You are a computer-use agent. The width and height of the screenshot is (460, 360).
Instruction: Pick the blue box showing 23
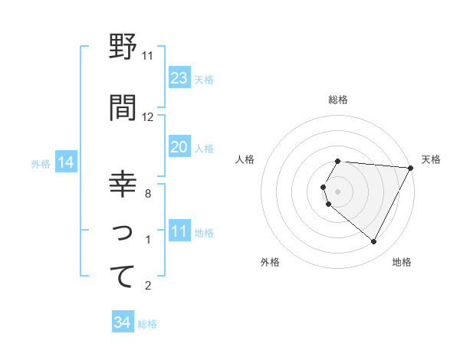tap(179, 78)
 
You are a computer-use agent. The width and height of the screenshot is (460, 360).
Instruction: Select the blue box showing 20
tap(179, 147)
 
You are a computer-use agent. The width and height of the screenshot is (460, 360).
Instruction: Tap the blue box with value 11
tap(179, 231)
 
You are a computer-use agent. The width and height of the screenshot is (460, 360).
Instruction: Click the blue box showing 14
tap(65, 162)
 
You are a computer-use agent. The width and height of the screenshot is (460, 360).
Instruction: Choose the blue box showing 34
tap(122, 322)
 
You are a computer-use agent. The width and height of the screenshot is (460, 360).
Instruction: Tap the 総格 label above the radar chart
tap(338, 100)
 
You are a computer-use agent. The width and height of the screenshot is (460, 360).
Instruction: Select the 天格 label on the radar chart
tap(432, 159)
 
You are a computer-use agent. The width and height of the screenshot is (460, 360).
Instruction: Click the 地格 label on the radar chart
tap(402, 262)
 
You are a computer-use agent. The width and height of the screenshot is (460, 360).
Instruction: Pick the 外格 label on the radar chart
tap(270, 262)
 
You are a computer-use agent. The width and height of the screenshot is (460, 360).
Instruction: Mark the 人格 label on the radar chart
tap(245, 159)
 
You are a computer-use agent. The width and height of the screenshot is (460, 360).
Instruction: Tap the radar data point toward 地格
tap(374, 242)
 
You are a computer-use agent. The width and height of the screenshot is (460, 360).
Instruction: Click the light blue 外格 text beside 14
tap(40, 163)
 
